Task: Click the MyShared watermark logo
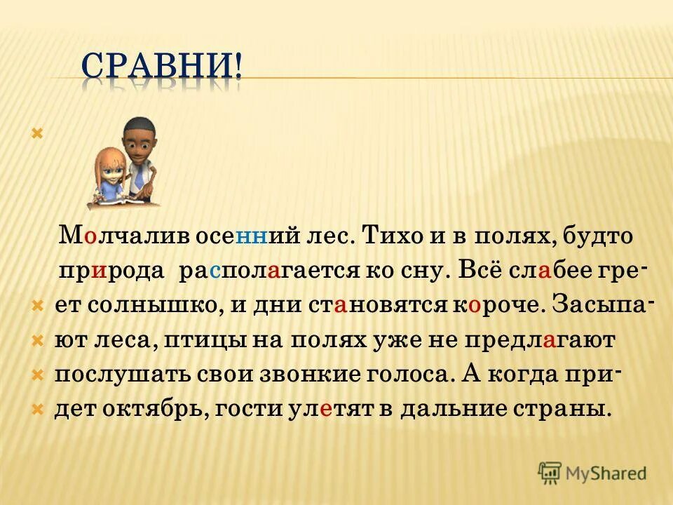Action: tap(592, 472)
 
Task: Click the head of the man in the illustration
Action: tap(138, 135)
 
